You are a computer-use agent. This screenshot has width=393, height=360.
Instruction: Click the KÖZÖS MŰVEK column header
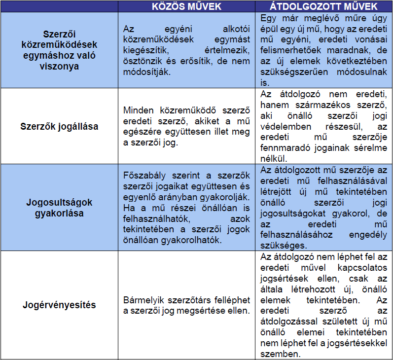click(186, 6)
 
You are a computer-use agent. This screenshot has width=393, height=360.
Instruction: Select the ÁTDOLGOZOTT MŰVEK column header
click(324, 6)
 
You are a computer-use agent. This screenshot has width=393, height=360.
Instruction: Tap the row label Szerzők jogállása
click(59, 126)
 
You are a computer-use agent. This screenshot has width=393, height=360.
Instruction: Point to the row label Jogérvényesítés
click(59, 305)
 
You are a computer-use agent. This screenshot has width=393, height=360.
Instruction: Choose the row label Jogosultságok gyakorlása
click(59, 208)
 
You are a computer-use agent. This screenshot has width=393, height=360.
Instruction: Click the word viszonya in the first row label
click(59, 67)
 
